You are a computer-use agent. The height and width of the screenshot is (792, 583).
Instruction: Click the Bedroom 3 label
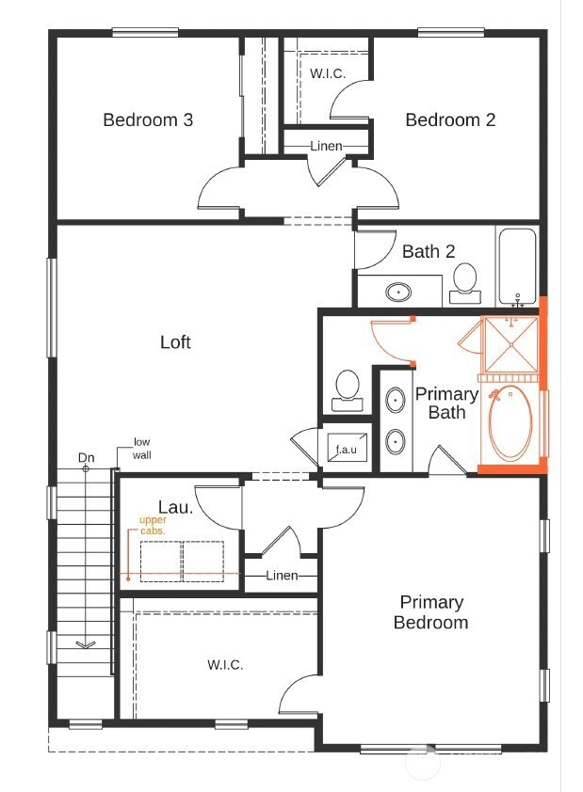pyautogui.click(x=148, y=119)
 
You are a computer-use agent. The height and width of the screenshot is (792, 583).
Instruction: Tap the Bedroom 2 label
pyautogui.click(x=450, y=119)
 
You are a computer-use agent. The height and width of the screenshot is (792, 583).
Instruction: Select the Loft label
pyautogui.click(x=175, y=342)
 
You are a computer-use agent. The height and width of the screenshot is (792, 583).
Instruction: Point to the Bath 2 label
pyautogui.click(x=429, y=251)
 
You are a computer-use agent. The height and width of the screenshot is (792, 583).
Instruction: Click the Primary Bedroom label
pyautogui.click(x=430, y=612)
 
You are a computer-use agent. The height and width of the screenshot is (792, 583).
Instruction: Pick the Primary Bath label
pyautogui.click(x=446, y=404)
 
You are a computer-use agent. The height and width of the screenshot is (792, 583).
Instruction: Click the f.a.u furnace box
pyautogui.click(x=347, y=450)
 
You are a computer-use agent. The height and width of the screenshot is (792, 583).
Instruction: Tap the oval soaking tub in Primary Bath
pyautogui.click(x=510, y=423)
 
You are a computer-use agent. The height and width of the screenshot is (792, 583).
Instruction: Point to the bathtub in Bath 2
pyautogui.click(x=516, y=264)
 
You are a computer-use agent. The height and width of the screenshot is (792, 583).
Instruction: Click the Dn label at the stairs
pyautogui.click(x=87, y=458)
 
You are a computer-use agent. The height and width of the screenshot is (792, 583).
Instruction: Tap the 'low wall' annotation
pyautogui.click(x=141, y=448)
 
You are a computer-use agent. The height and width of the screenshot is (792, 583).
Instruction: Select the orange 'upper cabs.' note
pyautogui.click(x=152, y=525)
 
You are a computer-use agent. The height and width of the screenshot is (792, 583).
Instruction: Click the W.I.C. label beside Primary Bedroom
pyautogui.click(x=225, y=665)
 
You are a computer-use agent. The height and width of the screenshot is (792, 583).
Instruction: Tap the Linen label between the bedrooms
pyautogui.click(x=326, y=146)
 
